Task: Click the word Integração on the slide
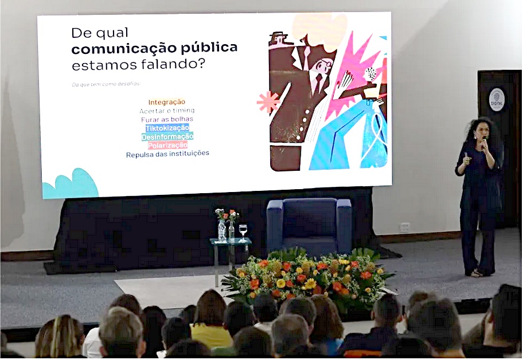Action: tap(166, 102)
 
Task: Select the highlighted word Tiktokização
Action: tap(167, 128)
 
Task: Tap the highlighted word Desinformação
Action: tap(167, 136)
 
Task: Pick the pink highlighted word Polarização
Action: tap(167, 145)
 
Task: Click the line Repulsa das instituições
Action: tap(167, 154)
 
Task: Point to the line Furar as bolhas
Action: tap(167, 119)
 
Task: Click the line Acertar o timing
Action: tap(167, 111)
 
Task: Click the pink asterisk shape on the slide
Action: tap(267, 101)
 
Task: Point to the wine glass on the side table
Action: tap(243, 230)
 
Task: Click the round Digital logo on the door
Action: tap(497, 99)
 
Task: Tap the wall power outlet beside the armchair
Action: tap(405, 227)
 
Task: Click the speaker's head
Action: tap(481, 128)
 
